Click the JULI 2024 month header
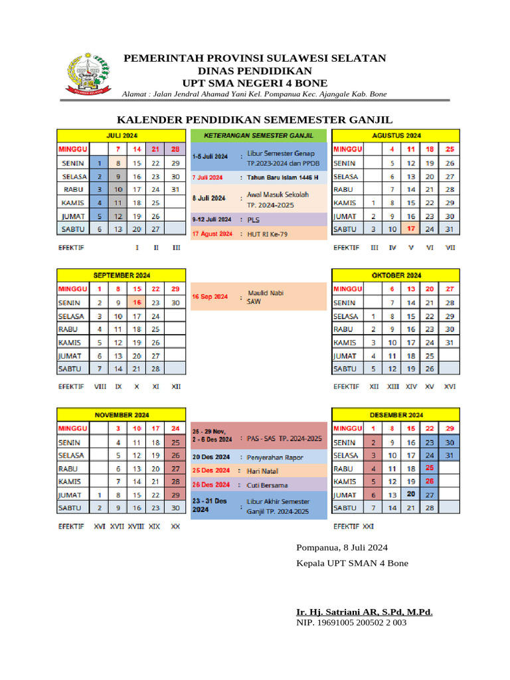122,135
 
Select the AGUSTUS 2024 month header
395,135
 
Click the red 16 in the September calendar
137,302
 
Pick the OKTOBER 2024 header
395,275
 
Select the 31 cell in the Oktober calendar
450,342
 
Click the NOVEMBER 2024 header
122,414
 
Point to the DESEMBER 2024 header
395,414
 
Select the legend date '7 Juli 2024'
207,178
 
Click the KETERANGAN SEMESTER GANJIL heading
259,135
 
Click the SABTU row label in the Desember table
346,508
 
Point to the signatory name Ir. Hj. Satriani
365,612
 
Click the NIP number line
351,623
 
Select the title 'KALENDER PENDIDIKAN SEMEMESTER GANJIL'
255,120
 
